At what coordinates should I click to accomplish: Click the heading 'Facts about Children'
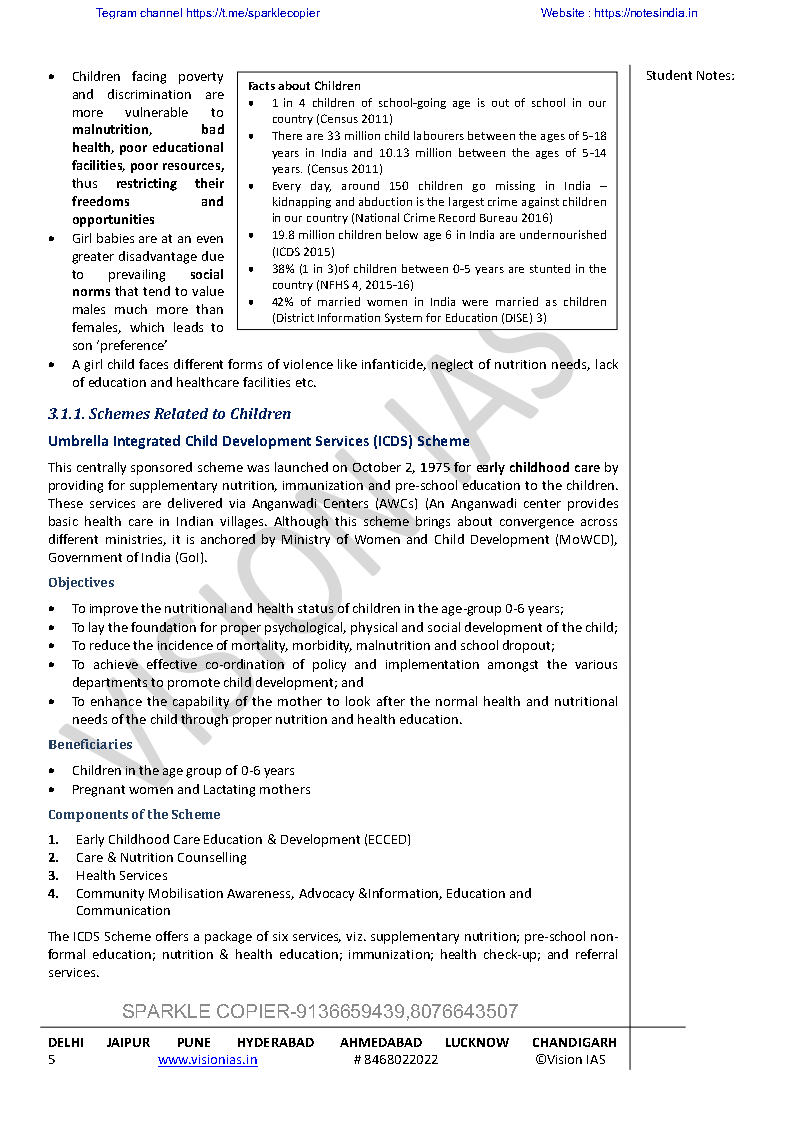(x=304, y=86)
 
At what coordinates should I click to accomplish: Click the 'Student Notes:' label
(x=690, y=76)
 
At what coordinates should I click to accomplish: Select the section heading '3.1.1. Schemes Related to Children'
(x=169, y=414)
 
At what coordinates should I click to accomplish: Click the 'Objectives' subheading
(x=81, y=583)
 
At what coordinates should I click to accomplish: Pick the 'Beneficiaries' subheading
(x=90, y=745)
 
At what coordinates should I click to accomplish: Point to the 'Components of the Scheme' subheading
(x=134, y=815)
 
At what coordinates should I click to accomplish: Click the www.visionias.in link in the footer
(x=207, y=1060)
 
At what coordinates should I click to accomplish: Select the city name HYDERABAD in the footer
(x=275, y=1042)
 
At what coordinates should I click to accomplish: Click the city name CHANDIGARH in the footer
(x=574, y=1042)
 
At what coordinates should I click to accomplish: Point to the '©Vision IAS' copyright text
(x=569, y=1060)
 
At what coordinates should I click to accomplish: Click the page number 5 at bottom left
(x=52, y=1060)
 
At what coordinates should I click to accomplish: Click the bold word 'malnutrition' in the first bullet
(x=110, y=130)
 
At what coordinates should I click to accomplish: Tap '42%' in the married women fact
(x=284, y=302)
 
